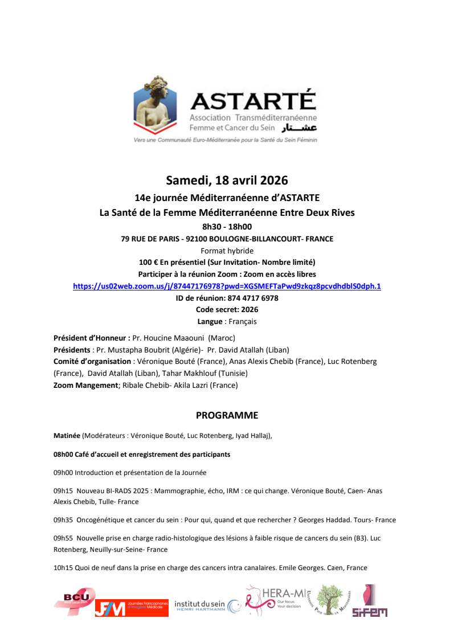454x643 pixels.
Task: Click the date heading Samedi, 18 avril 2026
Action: pyautogui.click(x=227, y=181)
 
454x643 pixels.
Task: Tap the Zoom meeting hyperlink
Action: pyautogui.click(x=227, y=286)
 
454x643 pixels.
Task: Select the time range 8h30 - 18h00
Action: pyautogui.click(x=227, y=227)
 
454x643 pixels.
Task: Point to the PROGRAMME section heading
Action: pyautogui.click(x=227, y=415)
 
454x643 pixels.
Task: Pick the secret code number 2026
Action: pyautogui.click(x=250, y=310)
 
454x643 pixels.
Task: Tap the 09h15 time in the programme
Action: pyautogui.click(x=63, y=490)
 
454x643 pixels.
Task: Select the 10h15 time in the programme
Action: pyautogui.click(x=63, y=567)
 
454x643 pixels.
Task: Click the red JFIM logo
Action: pyautogui.click(x=132, y=608)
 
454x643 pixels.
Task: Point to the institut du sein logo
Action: pyautogui.click(x=207, y=606)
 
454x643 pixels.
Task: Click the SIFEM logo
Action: pyautogui.click(x=369, y=602)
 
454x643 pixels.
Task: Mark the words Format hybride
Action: pyautogui.click(x=227, y=251)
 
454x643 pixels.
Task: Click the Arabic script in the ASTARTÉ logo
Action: pyautogui.click(x=300, y=128)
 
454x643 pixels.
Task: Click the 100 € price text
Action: pyautogui.click(x=149, y=262)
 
